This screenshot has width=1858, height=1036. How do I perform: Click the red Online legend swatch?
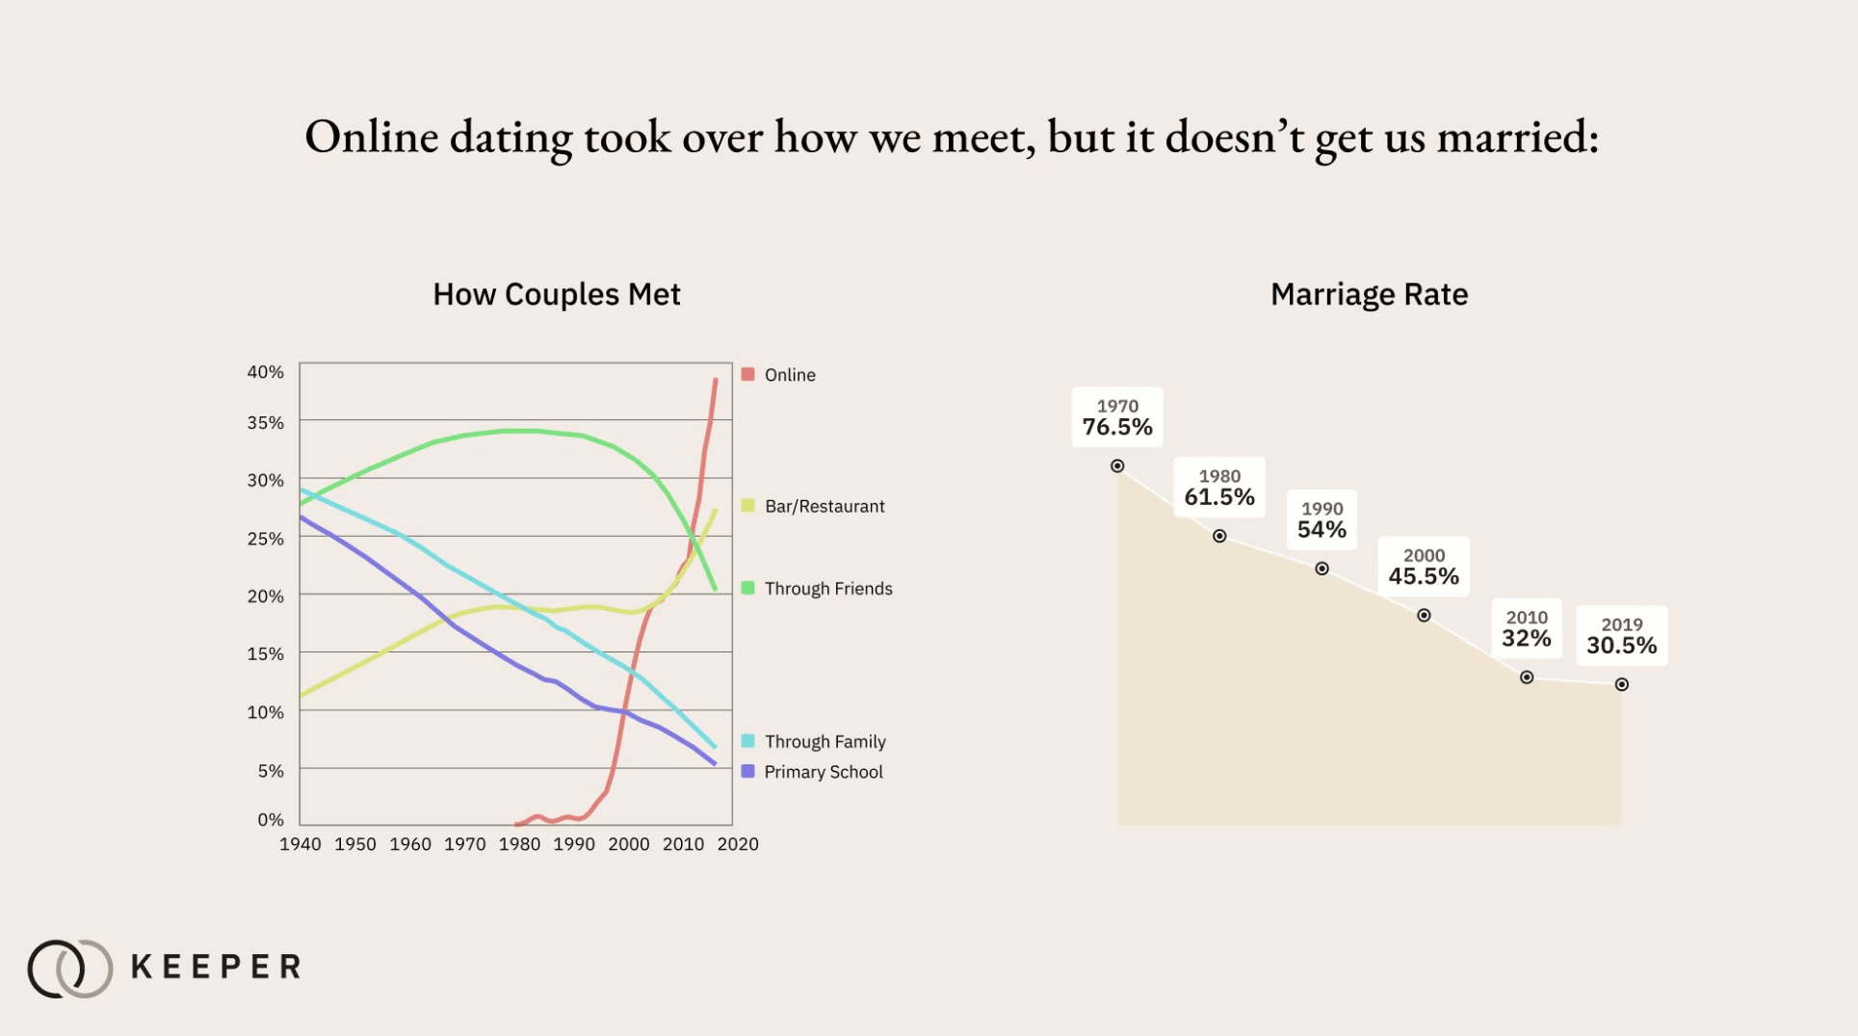pos(747,374)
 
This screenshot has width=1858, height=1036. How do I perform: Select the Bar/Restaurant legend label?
pos(824,507)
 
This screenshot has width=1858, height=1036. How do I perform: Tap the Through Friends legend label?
pos(828,589)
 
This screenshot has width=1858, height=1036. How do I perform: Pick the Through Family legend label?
pos(824,742)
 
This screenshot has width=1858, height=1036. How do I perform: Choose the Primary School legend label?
pos(823,772)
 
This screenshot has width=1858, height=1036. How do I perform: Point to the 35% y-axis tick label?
pos(266,423)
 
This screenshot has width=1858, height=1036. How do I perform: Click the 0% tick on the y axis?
pos(271,820)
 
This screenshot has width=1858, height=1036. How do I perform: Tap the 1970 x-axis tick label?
pos(464,844)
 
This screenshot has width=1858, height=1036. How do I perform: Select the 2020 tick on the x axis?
pos(738,844)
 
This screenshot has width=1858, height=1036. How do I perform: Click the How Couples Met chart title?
pos(557,294)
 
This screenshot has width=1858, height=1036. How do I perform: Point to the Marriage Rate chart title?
pos(1369,294)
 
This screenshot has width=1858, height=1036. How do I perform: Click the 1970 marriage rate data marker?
pos(1117,466)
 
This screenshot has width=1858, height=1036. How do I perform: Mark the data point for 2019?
pos(1622,684)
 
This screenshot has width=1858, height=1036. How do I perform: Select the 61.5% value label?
pos(1219,497)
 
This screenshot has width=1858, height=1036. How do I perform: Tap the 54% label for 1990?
pos(1322,530)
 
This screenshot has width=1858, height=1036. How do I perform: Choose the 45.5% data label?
pos(1424,576)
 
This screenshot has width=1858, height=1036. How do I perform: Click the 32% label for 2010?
pos(1527,638)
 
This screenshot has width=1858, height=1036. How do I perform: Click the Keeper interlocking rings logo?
pos(70,968)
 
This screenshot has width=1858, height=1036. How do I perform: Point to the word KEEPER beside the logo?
pos(216,967)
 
